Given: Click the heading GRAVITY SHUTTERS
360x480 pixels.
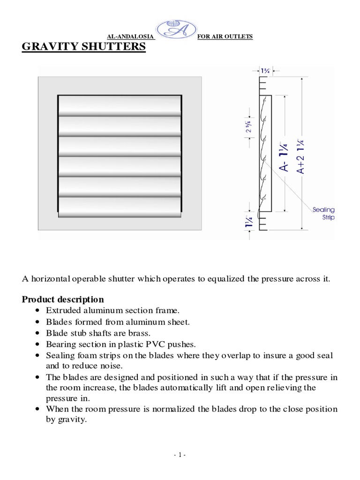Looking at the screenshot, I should [x=84, y=47].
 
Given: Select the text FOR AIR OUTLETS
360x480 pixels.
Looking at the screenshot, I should [x=225, y=37].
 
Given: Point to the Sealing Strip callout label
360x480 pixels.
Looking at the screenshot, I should [x=323, y=214].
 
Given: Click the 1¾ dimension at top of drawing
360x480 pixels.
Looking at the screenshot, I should [x=265, y=71].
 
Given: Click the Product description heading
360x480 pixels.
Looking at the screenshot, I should [x=63, y=299].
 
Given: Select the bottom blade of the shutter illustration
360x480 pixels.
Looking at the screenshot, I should [x=120, y=205].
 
